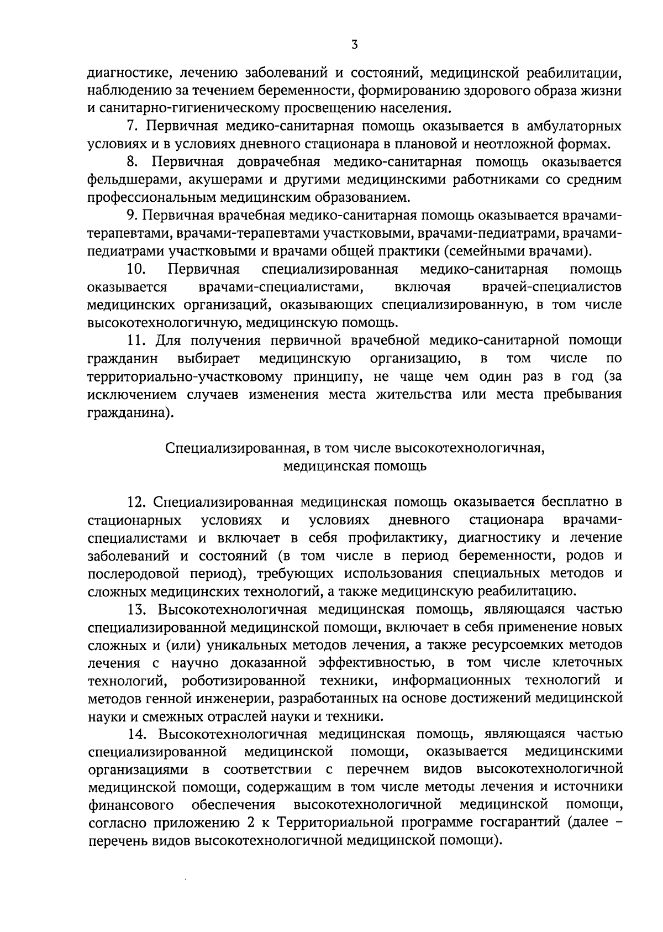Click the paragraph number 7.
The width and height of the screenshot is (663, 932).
pos(132,127)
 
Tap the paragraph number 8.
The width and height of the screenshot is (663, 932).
pos(131,163)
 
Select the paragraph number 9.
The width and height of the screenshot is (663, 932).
pos(131,216)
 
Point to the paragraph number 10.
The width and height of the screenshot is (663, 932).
pos(136,270)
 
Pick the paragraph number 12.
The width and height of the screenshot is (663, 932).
pos(136,502)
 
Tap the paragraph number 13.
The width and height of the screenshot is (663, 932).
pos(136,610)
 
